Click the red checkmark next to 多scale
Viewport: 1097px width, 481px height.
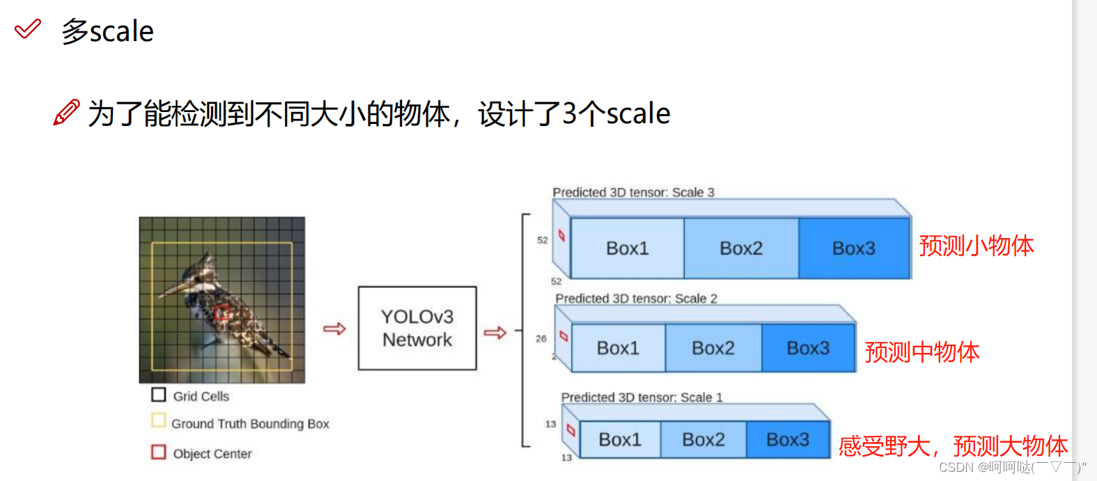28,29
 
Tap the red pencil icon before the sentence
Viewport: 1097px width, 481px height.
67,112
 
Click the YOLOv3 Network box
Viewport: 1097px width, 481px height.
417,328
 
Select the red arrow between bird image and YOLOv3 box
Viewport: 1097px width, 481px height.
334,329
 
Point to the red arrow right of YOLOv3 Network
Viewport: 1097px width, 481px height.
495,333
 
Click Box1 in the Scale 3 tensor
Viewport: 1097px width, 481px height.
627,249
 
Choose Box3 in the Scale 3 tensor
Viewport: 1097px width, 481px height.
853,249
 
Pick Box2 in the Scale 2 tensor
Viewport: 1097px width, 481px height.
713,348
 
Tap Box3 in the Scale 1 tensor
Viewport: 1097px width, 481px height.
787,440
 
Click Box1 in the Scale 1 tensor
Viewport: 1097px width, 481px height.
619,440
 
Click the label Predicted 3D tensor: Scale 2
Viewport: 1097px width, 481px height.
636,299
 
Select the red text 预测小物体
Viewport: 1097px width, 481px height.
976,246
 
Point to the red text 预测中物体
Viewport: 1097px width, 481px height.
921,352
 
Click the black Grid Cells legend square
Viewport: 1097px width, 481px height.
159,395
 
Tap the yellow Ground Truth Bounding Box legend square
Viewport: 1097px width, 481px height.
159,420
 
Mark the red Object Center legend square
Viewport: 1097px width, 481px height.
159,452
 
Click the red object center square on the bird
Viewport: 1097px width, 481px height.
222,314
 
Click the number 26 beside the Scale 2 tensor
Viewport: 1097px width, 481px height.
541,339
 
